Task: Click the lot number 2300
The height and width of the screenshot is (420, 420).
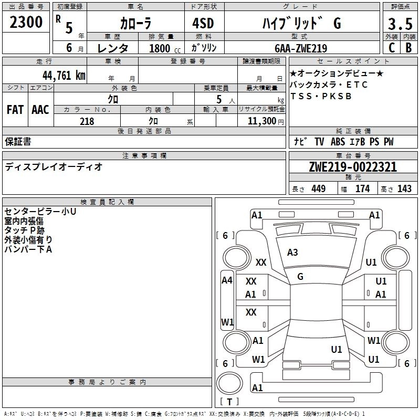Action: (26, 23)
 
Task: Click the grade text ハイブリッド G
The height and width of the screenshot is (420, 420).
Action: (301, 24)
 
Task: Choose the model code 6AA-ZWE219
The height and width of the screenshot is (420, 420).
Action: (301, 48)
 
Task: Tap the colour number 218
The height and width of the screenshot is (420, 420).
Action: (87, 121)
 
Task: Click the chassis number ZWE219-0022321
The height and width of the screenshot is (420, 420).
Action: (353, 167)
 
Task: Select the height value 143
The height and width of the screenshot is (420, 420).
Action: (404, 188)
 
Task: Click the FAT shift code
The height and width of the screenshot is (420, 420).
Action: (15, 110)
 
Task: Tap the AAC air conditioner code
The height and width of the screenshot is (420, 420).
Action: (40, 110)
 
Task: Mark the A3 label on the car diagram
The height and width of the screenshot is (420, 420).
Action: (292, 253)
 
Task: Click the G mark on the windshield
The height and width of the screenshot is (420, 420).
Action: (300, 276)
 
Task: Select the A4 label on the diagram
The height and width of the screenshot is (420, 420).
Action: (227, 280)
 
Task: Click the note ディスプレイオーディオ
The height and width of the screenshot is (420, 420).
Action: (54, 167)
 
